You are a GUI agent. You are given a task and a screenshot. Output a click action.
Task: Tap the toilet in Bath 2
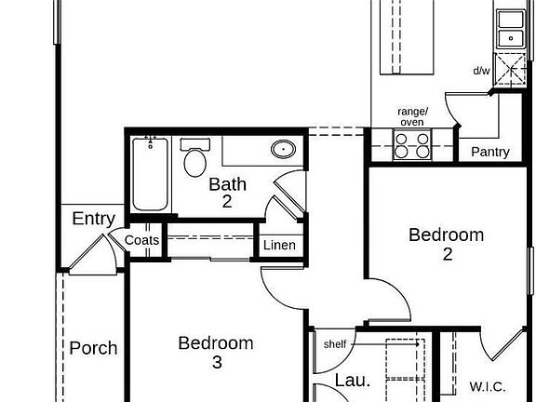point(195,159)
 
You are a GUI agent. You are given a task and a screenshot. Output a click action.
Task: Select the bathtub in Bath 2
point(150,173)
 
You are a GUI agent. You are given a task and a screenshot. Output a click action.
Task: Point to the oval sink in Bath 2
point(283,149)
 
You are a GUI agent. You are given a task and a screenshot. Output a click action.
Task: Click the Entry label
point(93,219)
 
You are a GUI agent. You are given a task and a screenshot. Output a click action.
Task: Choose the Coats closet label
point(142,240)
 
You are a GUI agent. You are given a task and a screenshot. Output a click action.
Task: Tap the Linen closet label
point(279,246)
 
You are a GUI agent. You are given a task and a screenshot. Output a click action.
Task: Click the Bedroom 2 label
point(447,243)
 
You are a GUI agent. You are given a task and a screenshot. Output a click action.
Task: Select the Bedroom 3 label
point(216,352)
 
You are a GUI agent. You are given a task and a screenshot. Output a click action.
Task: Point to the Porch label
point(93,348)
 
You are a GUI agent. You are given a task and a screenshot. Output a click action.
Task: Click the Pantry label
point(490,152)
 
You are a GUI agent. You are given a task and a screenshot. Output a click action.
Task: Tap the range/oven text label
point(411,116)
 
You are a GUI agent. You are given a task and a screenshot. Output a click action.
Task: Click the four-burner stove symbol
point(412,145)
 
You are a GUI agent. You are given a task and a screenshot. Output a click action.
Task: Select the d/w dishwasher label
point(481,71)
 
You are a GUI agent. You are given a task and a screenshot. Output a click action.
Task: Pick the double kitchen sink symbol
point(509,29)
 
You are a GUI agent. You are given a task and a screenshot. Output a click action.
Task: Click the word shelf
point(335,344)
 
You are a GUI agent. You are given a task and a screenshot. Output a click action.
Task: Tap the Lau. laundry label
point(352,380)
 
